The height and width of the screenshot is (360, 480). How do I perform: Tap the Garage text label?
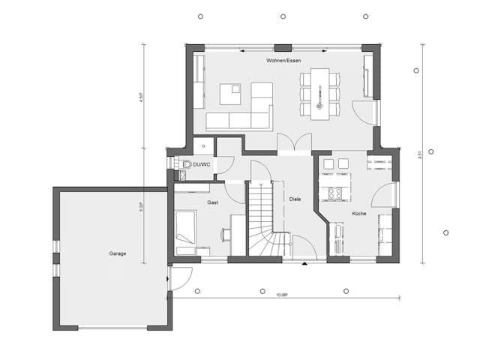tap(115, 253)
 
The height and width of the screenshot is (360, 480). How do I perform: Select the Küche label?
tap(359, 214)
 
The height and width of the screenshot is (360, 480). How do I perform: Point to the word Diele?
tap(295, 199)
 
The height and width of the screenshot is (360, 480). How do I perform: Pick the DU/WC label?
tap(200, 164)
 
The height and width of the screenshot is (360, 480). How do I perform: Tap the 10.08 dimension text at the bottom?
tap(281, 296)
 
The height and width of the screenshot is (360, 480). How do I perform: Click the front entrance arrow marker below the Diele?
tap(304, 265)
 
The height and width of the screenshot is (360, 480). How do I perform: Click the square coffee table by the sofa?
tap(230, 94)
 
